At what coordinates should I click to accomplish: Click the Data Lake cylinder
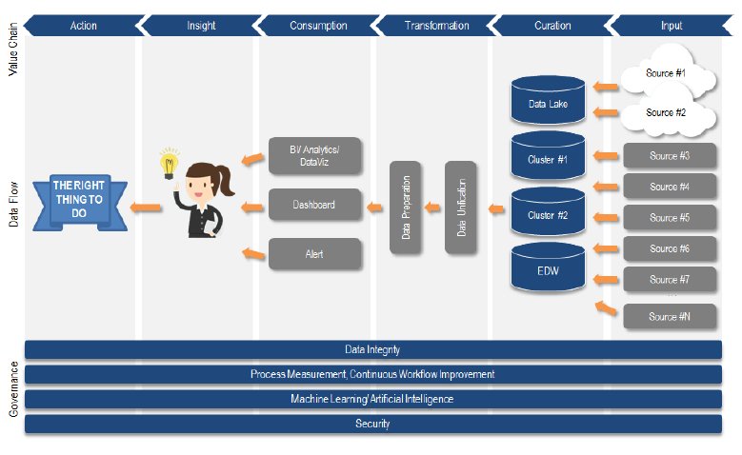548,103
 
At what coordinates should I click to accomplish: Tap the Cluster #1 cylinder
548,159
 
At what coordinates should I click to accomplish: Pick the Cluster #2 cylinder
548,214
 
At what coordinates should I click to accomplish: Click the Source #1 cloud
666,74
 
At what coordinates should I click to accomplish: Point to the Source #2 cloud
666,113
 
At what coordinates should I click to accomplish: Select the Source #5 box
670,217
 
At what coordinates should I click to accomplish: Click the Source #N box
670,316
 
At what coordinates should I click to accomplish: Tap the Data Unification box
461,208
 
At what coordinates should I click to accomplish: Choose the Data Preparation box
406,208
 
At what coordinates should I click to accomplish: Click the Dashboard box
314,205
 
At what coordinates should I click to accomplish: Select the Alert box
314,254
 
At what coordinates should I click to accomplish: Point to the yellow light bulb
170,163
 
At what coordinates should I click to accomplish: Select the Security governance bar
372,424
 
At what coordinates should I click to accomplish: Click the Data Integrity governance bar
372,350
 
